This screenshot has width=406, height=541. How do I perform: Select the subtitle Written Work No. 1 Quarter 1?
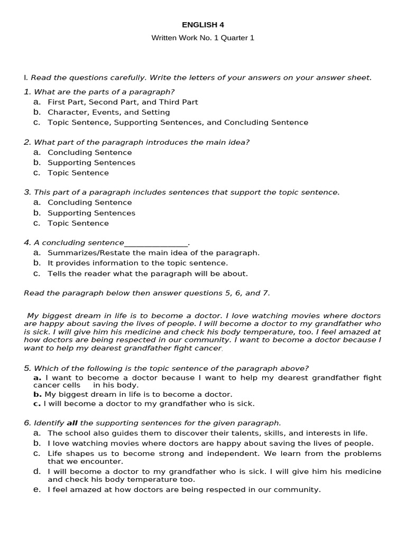coord(202,38)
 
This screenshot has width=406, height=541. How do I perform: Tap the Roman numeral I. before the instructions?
coord(25,78)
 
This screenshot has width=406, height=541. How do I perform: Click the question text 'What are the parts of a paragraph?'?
coord(104,92)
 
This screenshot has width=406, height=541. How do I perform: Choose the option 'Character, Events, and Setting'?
coord(108,112)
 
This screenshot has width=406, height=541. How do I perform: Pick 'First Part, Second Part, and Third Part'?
coord(123,102)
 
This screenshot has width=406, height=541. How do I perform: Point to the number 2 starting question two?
coord(26,142)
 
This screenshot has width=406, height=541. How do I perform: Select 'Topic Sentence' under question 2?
coord(78,173)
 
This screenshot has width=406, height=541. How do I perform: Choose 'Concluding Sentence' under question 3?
coord(90,202)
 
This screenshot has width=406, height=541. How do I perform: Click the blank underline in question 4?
coord(156,243)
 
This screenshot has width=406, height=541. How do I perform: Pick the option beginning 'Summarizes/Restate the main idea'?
coord(153,253)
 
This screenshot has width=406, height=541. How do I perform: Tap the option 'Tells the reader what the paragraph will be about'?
coord(147,274)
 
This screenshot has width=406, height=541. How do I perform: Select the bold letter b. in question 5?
coord(37,394)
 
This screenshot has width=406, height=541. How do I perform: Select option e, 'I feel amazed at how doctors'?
coord(184,490)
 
